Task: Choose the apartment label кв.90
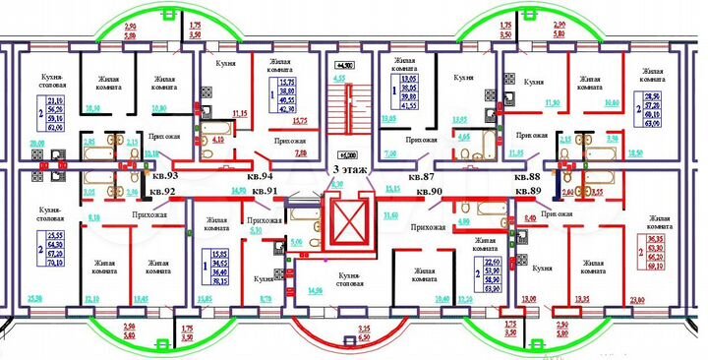point(430,190)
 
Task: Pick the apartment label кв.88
point(527,173)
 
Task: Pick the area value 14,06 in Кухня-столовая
point(315,292)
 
